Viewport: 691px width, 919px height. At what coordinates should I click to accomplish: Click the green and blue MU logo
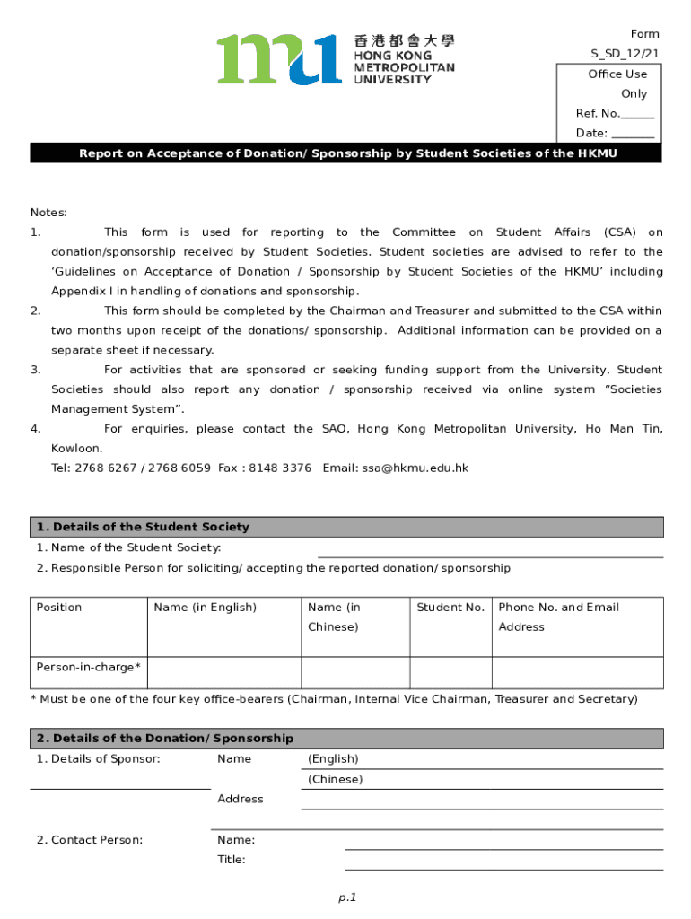[x=278, y=59]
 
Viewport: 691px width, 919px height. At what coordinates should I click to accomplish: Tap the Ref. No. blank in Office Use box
[x=637, y=115]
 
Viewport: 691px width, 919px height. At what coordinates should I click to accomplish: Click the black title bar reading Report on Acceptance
[x=345, y=153]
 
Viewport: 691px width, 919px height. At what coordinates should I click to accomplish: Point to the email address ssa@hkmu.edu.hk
[x=415, y=468]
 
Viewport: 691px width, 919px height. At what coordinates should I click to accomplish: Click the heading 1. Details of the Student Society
[x=143, y=527]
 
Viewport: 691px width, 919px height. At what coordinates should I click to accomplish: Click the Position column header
[x=59, y=608]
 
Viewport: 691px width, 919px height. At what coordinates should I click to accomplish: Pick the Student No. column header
[x=450, y=608]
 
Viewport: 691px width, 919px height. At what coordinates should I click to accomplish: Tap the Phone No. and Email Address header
[x=558, y=617]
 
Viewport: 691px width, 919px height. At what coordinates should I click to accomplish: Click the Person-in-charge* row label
[x=88, y=667]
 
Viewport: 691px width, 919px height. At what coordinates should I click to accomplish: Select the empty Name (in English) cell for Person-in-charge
[x=223, y=672]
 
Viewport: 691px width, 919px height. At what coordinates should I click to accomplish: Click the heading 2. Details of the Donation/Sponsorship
[x=165, y=738]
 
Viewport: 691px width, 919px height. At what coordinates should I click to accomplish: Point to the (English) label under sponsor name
[x=333, y=759]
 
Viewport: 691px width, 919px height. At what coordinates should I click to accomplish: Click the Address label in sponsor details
[x=241, y=799]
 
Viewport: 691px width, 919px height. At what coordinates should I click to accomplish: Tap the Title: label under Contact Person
[x=232, y=860]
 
